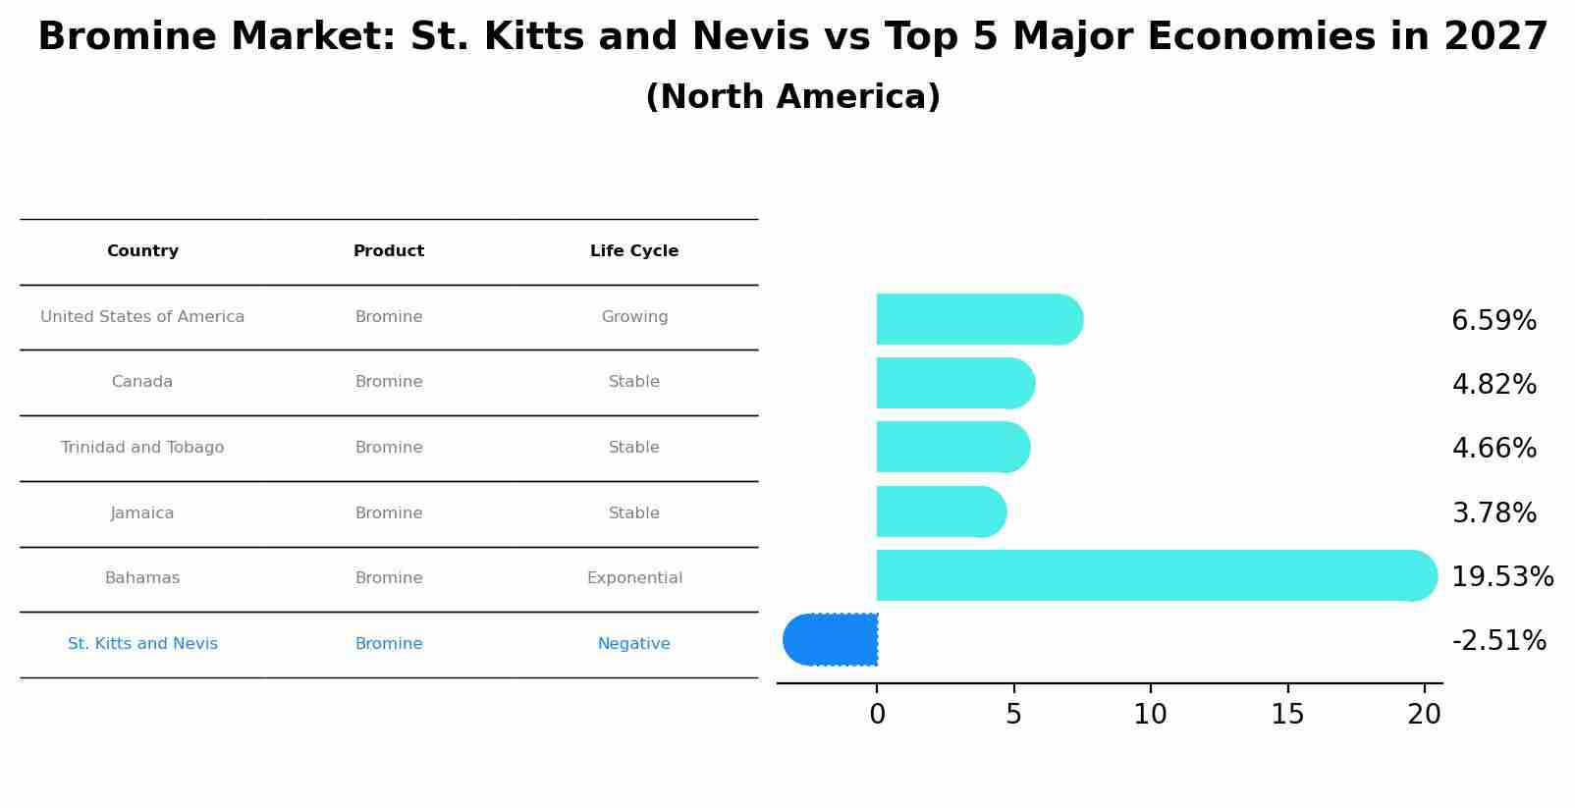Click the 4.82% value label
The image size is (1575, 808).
click(1494, 385)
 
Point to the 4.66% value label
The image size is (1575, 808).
click(1494, 449)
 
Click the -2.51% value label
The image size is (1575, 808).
click(1498, 641)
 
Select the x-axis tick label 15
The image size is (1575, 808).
click(1287, 715)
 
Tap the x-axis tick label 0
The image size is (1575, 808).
click(877, 715)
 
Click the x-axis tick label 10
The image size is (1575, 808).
click(1150, 715)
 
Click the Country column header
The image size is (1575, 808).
click(142, 251)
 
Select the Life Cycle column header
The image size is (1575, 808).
click(634, 251)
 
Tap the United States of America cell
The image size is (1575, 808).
click(142, 317)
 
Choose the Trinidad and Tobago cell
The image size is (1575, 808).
click(142, 448)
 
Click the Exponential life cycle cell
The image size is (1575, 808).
click(634, 578)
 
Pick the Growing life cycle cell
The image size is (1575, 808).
click(634, 317)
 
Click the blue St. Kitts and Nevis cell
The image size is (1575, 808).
click(142, 644)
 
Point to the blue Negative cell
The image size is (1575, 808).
click(634, 644)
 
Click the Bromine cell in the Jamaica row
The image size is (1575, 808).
click(389, 513)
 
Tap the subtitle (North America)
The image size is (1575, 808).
click(792, 97)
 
